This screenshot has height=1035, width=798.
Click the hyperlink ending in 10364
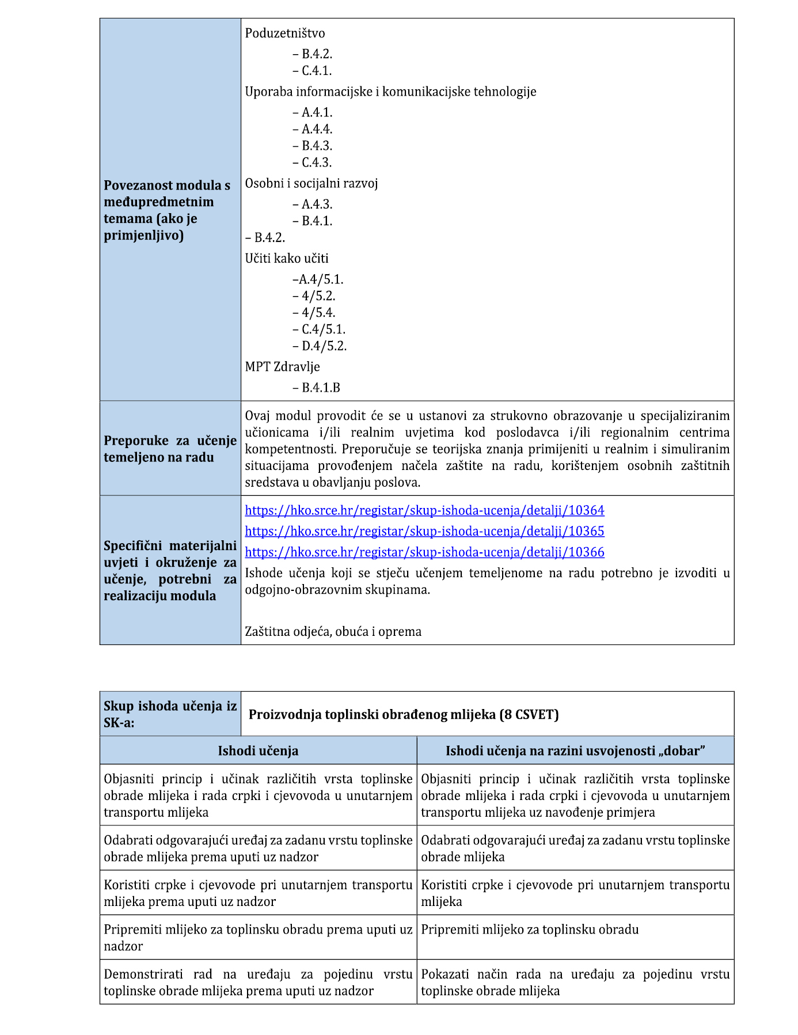click(x=424, y=510)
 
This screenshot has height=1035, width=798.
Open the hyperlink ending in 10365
click(x=424, y=531)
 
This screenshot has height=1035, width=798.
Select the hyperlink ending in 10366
click(x=424, y=552)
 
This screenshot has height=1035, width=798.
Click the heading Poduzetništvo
click(x=285, y=33)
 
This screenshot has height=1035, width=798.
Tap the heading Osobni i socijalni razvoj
click(x=311, y=183)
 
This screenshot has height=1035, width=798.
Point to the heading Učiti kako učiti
click(x=287, y=259)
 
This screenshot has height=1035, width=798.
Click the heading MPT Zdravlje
click(x=282, y=367)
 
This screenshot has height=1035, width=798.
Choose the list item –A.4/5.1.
click(x=318, y=280)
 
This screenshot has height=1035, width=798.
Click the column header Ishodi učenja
click(x=258, y=750)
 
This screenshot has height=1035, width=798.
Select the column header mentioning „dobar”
click(x=575, y=750)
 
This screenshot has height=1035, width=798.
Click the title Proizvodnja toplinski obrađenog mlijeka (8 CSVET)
click(x=404, y=715)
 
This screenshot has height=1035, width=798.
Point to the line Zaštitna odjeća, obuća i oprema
click(x=333, y=632)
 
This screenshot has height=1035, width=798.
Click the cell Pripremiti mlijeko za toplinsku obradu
click(x=530, y=930)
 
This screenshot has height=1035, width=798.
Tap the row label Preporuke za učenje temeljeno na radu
click(x=170, y=449)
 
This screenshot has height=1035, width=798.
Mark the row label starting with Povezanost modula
click(x=167, y=210)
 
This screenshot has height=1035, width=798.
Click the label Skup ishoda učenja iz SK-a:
click(x=170, y=714)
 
